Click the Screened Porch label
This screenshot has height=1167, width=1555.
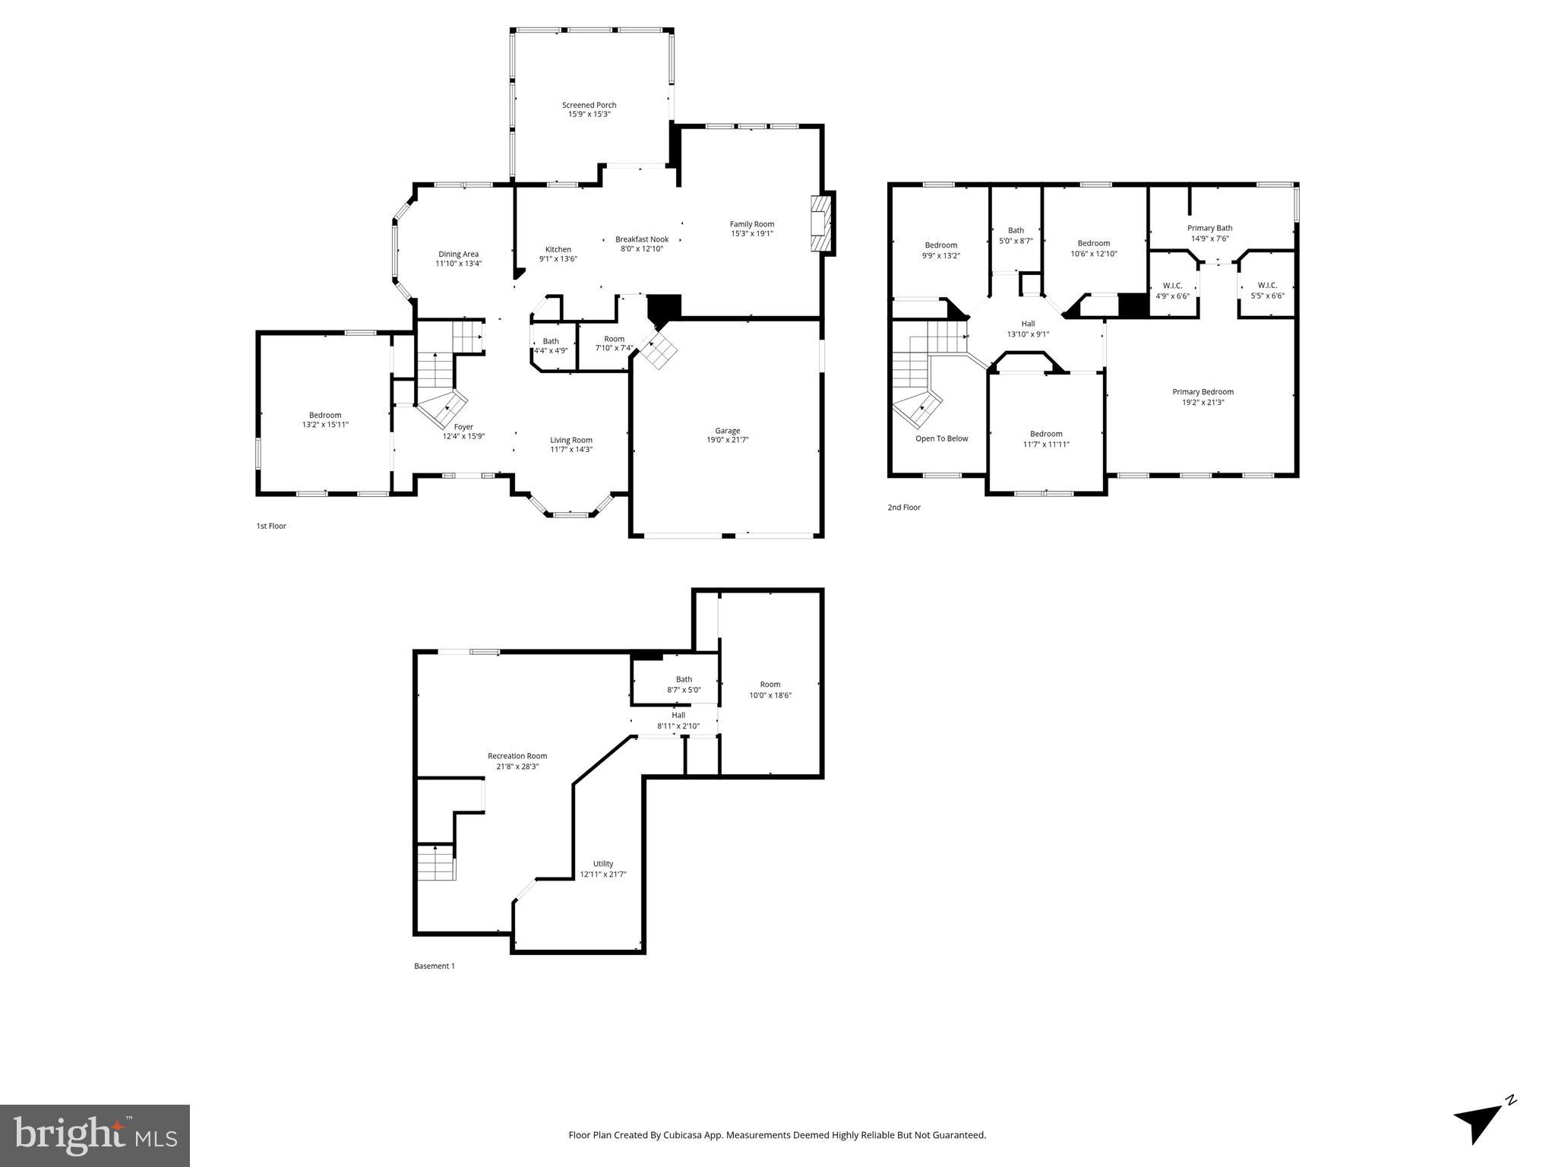(x=589, y=105)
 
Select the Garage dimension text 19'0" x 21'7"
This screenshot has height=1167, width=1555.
(x=727, y=440)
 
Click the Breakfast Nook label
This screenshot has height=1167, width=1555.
(x=642, y=239)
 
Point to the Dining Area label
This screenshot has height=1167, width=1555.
(x=458, y=255)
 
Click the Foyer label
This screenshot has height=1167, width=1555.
(x=463, y=427)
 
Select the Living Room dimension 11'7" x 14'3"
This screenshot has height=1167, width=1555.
(x=571, y=450)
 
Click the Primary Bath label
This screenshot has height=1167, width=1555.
(x=1209, y=228)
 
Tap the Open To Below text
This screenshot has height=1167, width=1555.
(x=941, y=438)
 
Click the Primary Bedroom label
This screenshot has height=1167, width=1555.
(x=1203, y=392)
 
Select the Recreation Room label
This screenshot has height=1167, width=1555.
(x=517, y=756)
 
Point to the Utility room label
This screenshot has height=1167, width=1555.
(x=603, y=864)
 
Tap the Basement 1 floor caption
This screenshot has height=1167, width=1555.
(x=434, y=966)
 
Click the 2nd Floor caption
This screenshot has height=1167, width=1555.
(x=904, y=508)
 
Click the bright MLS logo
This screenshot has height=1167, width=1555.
(x=94, y=1135)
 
